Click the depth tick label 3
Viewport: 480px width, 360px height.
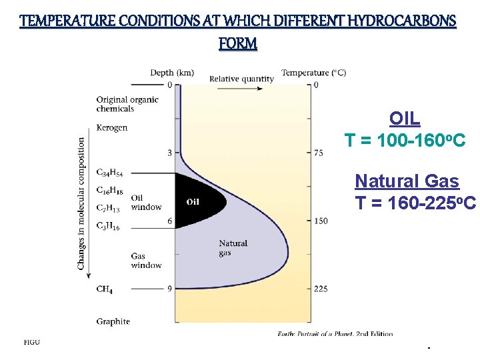click(169, 153)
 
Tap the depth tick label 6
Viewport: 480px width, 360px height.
click(169, 221)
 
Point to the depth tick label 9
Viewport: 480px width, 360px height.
click(169, 289)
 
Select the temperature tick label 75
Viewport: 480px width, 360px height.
click(319, 153)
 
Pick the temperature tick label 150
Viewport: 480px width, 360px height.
click(321, 221)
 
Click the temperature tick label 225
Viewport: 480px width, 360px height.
click(321, 289)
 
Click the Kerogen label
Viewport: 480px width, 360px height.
click(112, 127)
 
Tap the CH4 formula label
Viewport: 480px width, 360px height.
click(104, 289)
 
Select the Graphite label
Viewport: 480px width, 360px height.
click(113, 321)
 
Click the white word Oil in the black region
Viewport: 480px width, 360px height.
click(193, 202)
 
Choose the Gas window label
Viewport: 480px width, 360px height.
click(146, 261)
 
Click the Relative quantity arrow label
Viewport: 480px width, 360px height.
click(241, 79)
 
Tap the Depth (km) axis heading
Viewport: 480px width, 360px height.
click(172, 73)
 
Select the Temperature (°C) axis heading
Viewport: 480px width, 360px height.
click(313, 73)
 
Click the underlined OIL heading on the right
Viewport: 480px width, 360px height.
click(405, 119)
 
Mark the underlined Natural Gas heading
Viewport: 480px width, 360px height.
click(407, 181)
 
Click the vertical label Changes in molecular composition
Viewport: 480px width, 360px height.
click(82, 203)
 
